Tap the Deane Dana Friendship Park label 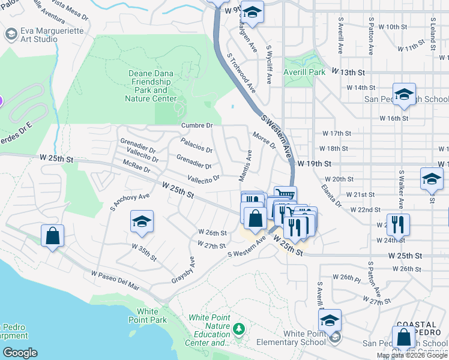coord(151,86)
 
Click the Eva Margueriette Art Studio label coord(39,34)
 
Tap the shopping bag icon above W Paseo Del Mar coord(52,235)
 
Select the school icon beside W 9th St coord(252,12)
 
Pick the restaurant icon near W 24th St coord(398,224)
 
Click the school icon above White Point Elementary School coord(330,320)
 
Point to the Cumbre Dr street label coord(197,125)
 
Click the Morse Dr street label coord(264,140)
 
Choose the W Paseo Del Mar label coord(115,280)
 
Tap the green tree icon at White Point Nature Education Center coord(240,329)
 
